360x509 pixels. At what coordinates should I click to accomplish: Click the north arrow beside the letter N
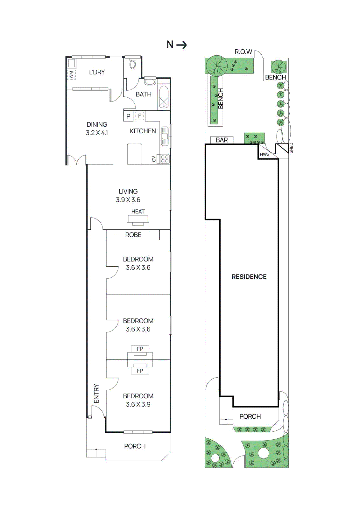(182, 45)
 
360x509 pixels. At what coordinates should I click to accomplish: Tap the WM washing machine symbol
(71, 75)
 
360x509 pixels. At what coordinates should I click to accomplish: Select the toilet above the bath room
(133, 64)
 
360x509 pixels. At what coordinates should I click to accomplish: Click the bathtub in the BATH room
(164, 98)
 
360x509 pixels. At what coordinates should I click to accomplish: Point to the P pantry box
(128, 116)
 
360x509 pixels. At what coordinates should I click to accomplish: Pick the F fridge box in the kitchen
(139, 116)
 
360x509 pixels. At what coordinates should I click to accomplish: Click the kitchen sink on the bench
(165, 136)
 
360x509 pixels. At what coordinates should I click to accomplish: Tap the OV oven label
(154, 159)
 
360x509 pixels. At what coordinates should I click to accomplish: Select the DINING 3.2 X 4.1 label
(97, 129)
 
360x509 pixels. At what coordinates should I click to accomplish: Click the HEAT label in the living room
(138, 212)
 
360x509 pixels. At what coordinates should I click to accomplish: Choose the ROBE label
(133, 235)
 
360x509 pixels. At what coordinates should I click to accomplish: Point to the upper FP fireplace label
(140, 349)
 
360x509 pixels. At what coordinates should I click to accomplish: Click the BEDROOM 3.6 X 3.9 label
(138, 400)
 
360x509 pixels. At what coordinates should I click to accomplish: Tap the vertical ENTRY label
(96, 394)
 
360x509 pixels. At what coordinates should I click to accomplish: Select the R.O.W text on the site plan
(243, 52)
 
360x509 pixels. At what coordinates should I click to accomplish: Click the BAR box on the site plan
(222, 140)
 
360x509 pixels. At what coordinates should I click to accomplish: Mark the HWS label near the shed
(265, 154)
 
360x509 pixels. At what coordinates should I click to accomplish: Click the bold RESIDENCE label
(249, 277)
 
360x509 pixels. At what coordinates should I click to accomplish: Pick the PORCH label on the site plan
(250, 416)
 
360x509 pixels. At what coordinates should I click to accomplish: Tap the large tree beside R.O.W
(217, 66)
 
